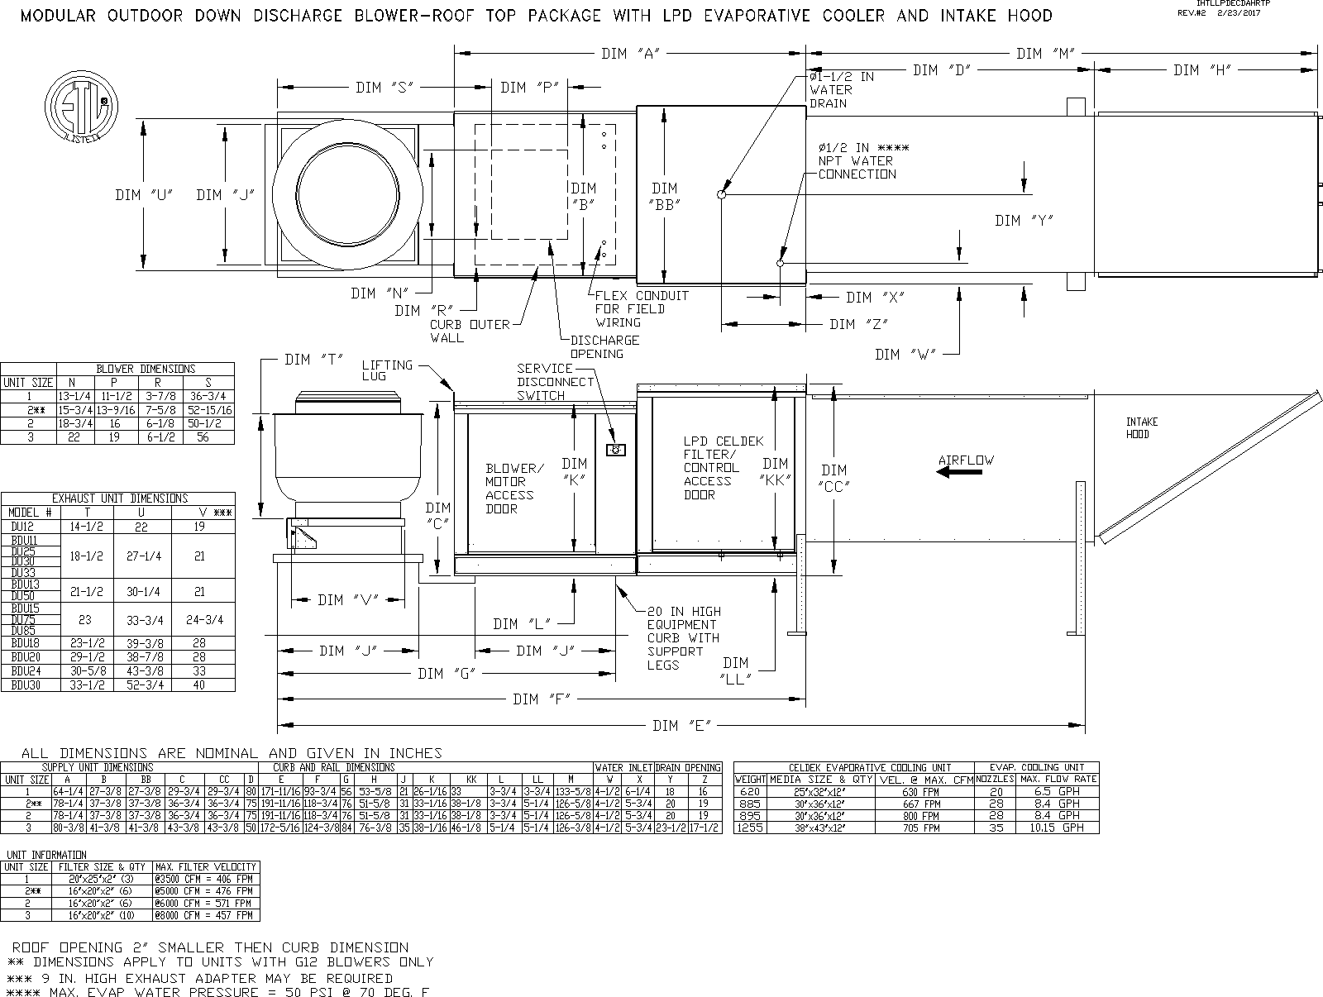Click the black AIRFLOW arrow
959,472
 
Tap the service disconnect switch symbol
617,450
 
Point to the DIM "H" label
1202,70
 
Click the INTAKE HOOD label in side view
1142,427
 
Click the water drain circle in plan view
721,195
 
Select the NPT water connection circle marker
780,264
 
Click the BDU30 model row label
24,685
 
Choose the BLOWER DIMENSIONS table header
146,369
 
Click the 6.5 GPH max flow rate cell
1058,791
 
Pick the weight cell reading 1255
750,828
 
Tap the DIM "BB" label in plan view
665,197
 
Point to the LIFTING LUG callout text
386,370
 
